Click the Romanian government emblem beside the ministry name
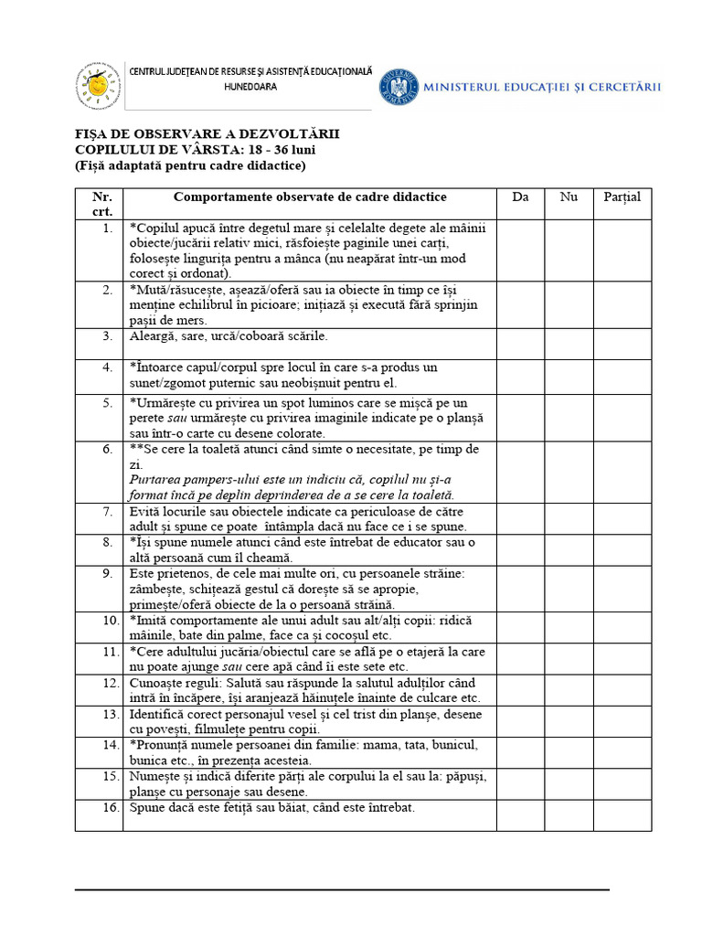pyautogui.click(x=399, y=86)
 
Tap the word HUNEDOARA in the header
pyautogui.click(x=250, y=87)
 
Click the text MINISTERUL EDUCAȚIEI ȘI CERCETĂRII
pyautogui.click(x=543, y=87)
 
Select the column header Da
pyautogui.click(x=521, y=197)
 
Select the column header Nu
pyautogui.click(x=569, y=197)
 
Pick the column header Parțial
pyautogui.click(x=622, y=197)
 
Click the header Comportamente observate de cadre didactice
pyautogui.click(x=310, y=197)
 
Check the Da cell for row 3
pyautogui.click(x=521, y=344)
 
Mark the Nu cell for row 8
pyautogui.click(x=569, y=549)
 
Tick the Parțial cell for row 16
pyautogui.click(x=622, y=814)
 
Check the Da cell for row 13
pyautogui.click(x=521, y=721)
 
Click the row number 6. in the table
pyautogui.click(x=108, y=450)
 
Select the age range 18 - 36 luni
pyautogui.click(x=277, y=150)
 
